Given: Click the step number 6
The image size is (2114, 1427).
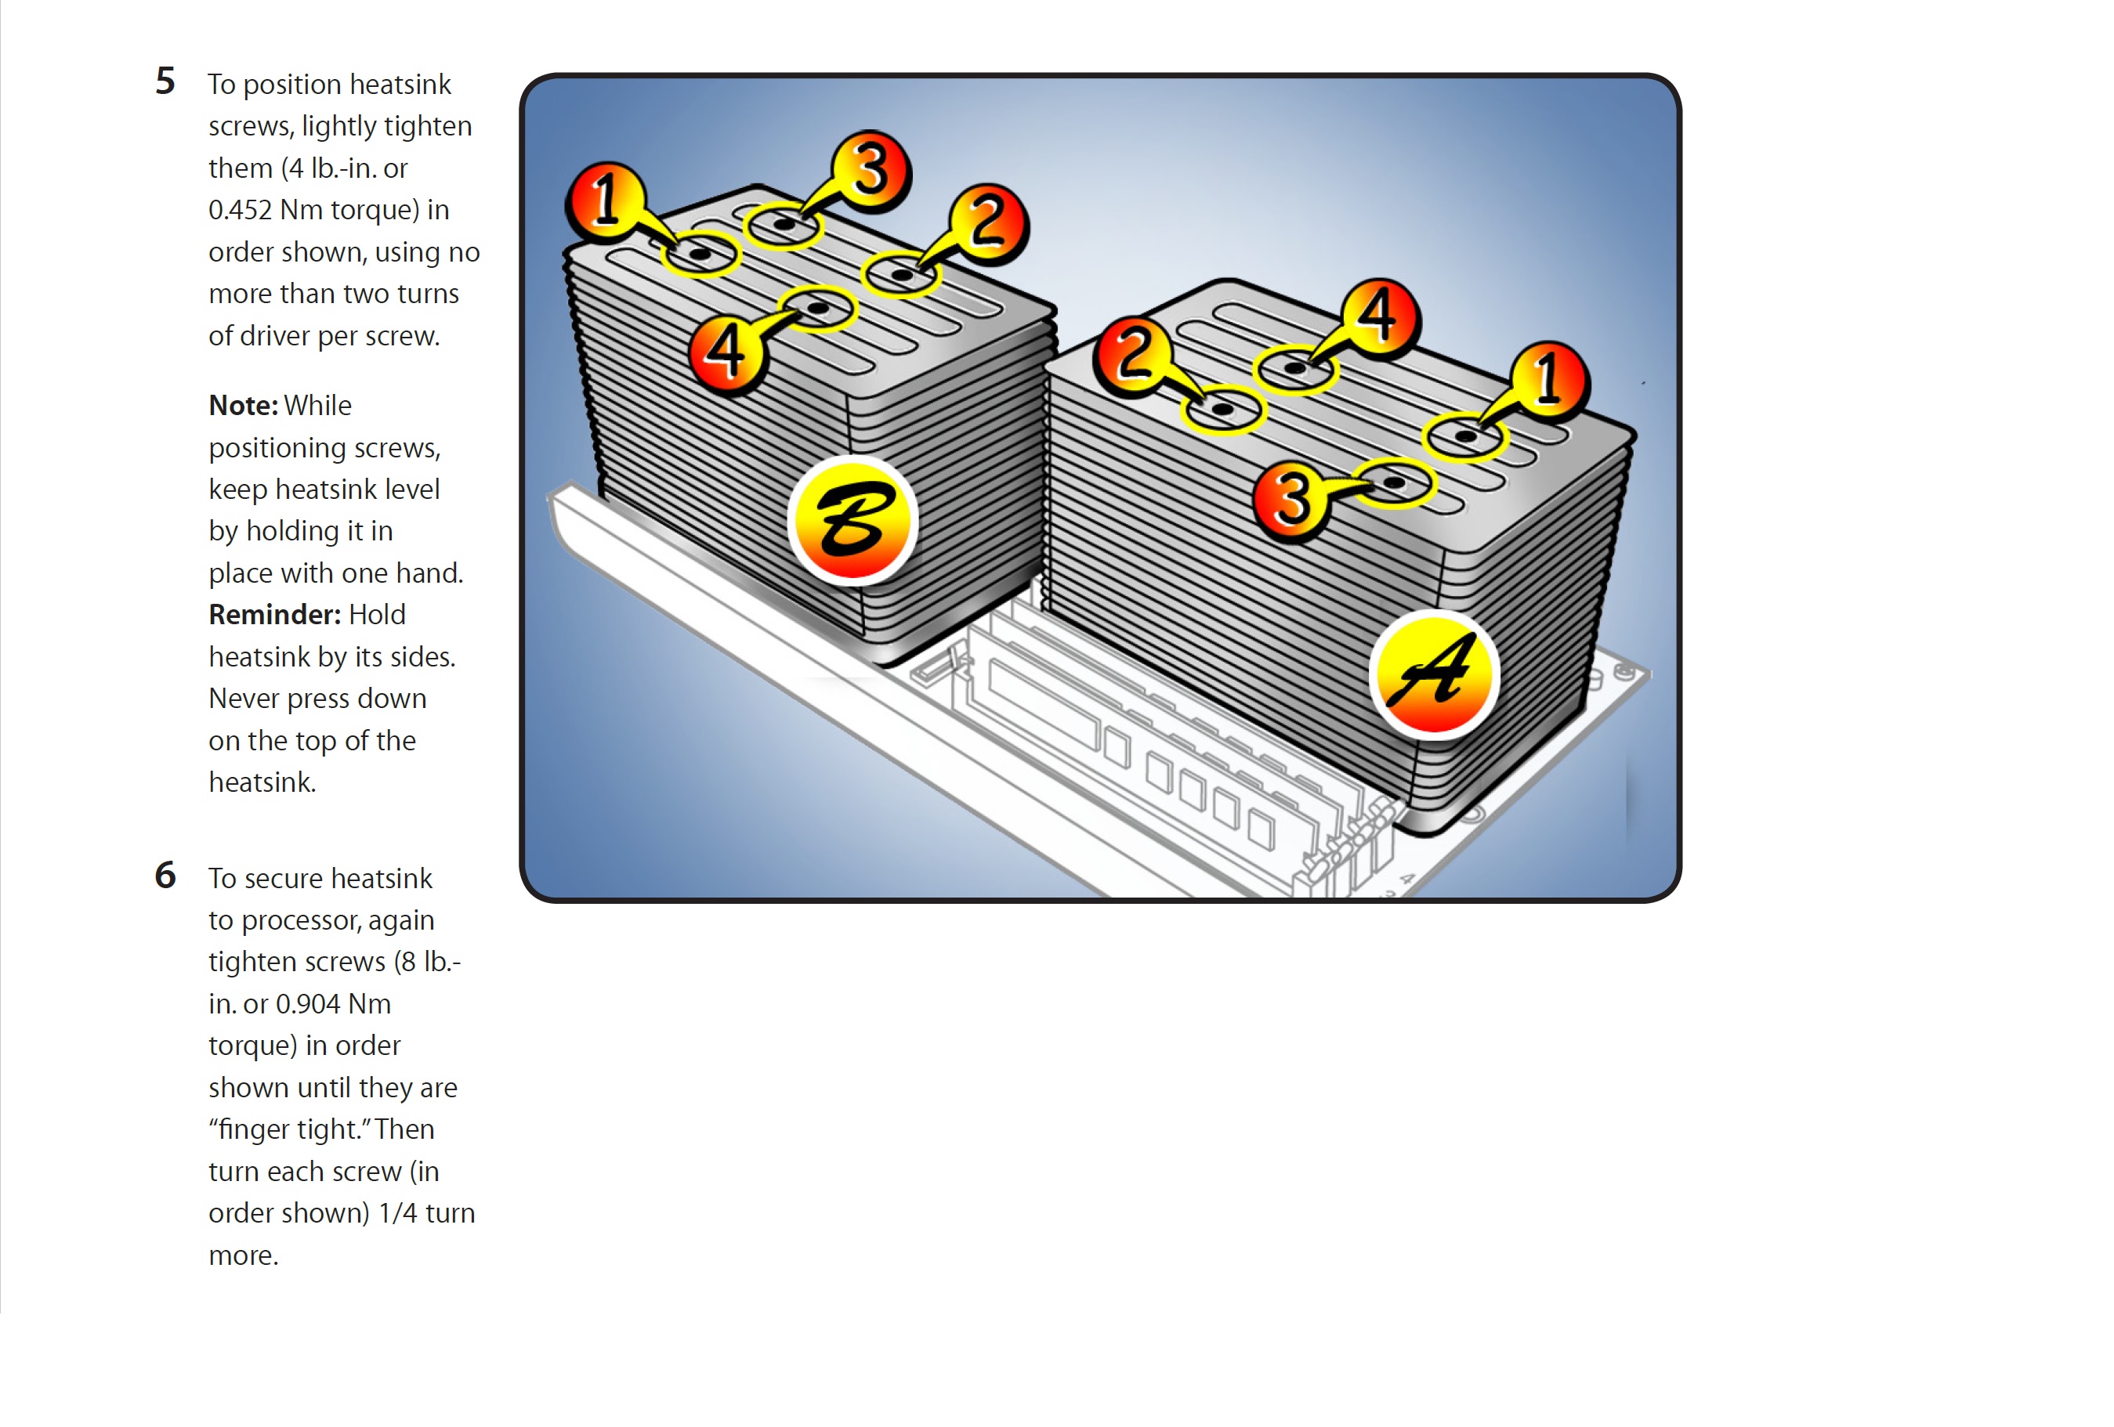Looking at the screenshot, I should coord(165,875).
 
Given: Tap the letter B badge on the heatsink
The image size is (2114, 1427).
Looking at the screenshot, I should coord(852,519).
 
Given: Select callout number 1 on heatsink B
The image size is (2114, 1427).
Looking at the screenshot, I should coord(606,198).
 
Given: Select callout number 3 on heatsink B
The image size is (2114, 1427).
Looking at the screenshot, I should coord(871,168).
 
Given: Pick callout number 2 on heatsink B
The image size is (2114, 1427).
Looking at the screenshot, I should coord(988,223).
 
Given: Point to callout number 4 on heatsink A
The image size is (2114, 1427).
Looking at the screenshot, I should coord(1378,315).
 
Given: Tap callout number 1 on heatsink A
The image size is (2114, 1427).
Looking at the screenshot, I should coord(1549,378).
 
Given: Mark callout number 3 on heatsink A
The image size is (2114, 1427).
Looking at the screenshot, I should coord(1293,498).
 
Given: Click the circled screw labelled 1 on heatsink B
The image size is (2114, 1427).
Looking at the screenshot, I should coord(699,254).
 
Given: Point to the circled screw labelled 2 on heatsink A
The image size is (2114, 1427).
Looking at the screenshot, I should coord(1222,410).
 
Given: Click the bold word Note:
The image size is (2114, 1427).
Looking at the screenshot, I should coord(243,406).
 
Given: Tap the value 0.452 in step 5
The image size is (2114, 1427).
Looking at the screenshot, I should coord(240,210).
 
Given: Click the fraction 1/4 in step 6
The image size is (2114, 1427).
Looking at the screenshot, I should coord(397,1213).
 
